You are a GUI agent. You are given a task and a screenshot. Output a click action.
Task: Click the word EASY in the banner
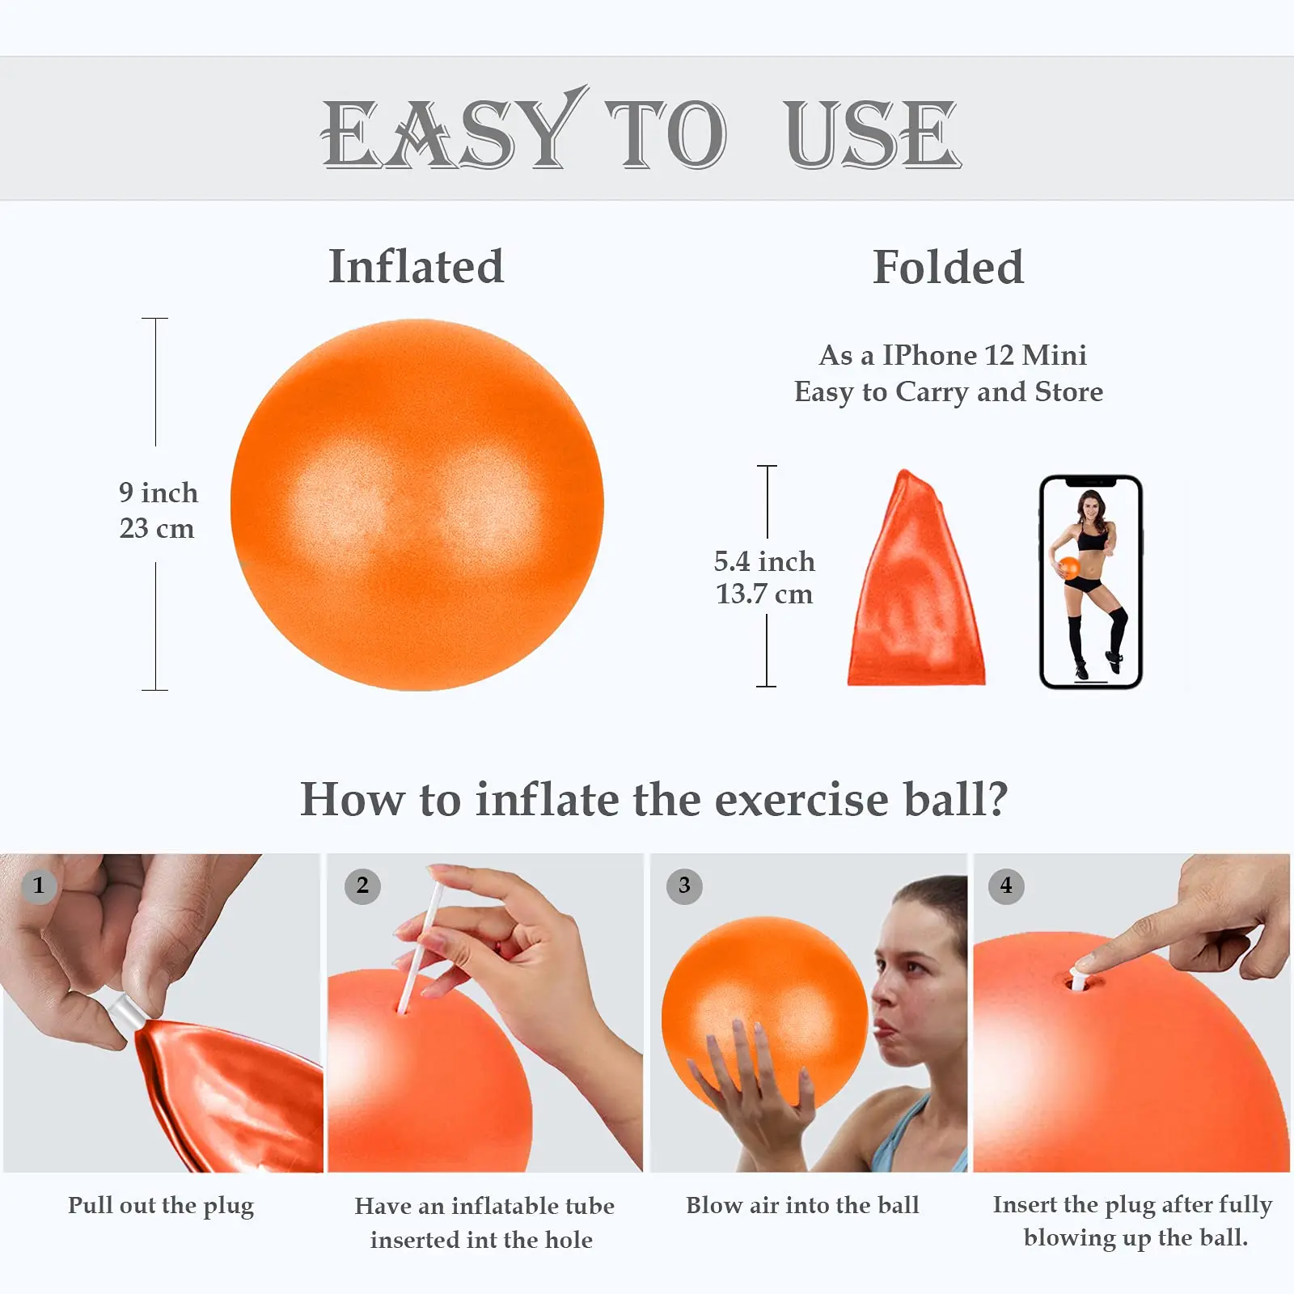pos(449,133)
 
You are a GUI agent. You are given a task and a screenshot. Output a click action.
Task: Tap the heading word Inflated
pos(416,267)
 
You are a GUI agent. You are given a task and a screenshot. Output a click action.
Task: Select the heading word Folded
pos(948,267)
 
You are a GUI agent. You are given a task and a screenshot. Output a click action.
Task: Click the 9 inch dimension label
pos(159,493)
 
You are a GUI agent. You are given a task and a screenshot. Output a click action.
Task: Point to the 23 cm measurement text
pos(157,528)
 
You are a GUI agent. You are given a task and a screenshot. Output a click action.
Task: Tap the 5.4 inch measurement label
pos(764,561)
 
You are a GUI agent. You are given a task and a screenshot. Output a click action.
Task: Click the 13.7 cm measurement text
pos(764,594)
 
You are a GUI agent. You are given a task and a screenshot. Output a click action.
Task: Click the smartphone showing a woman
pos(1090,582)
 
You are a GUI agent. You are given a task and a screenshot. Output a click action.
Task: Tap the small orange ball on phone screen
pos(1069,567)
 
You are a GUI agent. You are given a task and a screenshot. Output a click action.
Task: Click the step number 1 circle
pos(38,886)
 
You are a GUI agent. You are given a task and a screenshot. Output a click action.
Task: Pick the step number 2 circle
pos(362,886)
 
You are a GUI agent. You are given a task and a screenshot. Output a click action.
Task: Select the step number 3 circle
pos(684,886)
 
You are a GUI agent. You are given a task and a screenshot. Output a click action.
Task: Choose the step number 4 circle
pos(1006,886)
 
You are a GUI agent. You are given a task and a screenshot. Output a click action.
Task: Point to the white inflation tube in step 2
pos(421,946)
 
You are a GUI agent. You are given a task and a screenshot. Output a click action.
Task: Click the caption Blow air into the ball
pos(802,1205)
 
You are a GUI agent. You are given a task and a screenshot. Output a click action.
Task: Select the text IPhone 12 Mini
pos(984,355)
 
